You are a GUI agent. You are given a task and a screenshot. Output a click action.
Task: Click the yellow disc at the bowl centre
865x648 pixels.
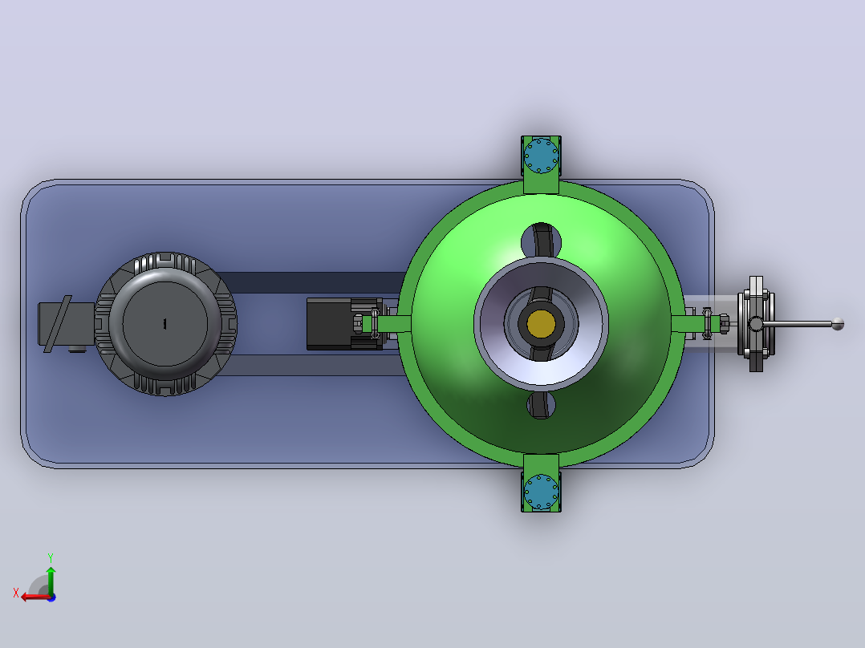point(541,324)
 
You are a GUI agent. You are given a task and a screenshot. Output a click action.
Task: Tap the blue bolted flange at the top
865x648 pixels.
point(541,156)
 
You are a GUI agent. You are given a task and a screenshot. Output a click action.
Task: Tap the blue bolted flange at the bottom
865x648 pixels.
point(541,492)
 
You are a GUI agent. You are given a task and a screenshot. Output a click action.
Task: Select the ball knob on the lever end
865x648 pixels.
point(838,324)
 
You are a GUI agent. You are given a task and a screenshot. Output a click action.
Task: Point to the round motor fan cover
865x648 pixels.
point(165,324)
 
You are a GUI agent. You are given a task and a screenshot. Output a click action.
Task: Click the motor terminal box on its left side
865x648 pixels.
point(66,324)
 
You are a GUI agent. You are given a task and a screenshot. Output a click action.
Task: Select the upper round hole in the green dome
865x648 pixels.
point(541,240)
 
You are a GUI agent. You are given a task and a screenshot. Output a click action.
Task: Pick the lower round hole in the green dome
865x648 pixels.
point(541,404)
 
